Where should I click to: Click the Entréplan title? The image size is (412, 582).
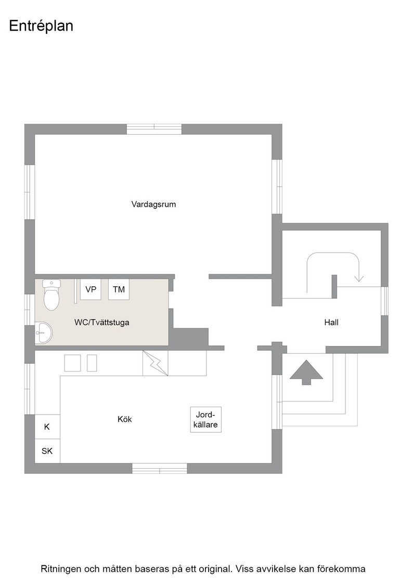[x=41, y=26]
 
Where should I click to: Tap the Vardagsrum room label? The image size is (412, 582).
[x=153, y=204]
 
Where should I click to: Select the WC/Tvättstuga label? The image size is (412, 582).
[x=102, y=322]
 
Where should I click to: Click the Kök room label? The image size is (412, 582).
[x=124, y=419]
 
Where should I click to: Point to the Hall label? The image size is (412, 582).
[x=331, y=322]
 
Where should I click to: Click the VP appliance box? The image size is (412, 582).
[x=91, y=289]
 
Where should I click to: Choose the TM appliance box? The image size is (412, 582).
[x=119, y=289]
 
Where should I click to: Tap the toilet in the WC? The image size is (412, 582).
[x=51, y=295]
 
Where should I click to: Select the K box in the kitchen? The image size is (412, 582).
[x=47, y=427]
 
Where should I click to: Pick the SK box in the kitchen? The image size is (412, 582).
[x=47, y=451]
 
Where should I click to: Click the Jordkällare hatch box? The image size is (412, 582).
[x=206, y=419]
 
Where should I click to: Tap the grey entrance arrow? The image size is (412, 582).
[x=306, y=372]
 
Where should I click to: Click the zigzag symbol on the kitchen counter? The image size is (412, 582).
[x=156, y=363]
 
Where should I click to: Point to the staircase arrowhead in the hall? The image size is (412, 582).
[x=359, y=278]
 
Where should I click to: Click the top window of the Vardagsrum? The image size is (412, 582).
[x=154, y=129]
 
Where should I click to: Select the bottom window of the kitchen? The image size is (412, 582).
[x=160, y=468]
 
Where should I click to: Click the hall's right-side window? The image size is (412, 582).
[x=384, y=301]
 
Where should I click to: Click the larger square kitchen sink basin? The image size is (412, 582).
[x=72, y=363]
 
